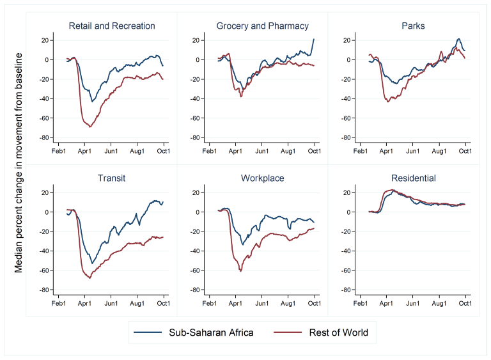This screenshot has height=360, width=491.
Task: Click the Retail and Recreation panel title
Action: pos(111,26)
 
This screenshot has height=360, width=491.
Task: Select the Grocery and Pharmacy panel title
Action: pos(262,26)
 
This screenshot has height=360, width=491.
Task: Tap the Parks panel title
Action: pos(413,26)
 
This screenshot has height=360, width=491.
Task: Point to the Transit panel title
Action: pos(111,178)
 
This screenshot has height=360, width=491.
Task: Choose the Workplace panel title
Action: pos(262,178)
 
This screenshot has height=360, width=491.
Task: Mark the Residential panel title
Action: pos(413,178)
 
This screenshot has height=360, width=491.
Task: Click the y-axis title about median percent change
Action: pos(19,163)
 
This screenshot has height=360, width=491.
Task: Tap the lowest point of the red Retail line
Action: pos(90,127)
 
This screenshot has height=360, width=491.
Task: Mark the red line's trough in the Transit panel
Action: pos(90,278)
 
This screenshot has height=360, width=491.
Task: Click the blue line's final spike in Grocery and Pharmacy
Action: pos(314,39)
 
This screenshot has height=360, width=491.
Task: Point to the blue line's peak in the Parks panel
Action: pos(458,39)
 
